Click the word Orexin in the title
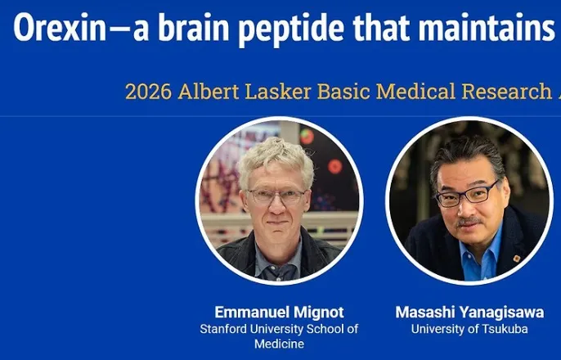coord(60,28)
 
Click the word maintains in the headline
coord(487,28)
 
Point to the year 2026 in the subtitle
coord(149,92)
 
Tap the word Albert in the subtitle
coord(209,92)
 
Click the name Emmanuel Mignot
coord(279,312)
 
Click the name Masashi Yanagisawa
coord(469,312)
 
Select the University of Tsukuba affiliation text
coord(469,329)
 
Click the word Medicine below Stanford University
coord(279,344)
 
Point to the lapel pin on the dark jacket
coord(516,258)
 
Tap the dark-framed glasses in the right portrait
coord(467,195)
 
